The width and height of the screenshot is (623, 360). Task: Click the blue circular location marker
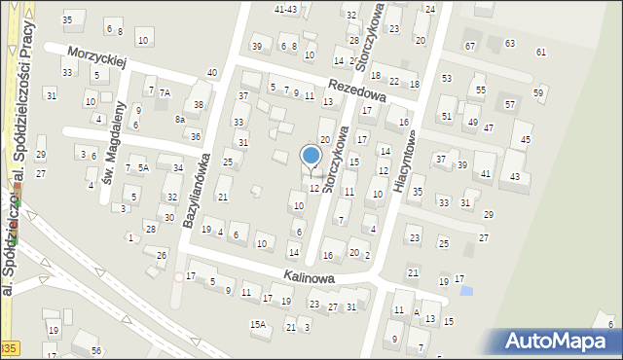[311, 155]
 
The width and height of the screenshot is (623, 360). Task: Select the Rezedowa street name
[357, 91]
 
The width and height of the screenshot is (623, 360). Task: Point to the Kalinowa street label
[310, 277]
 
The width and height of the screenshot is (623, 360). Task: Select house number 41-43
[286, 9]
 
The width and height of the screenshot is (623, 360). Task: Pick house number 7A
[165, 92]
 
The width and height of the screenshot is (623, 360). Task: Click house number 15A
[258, 324]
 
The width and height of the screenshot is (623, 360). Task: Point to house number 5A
[143, 167]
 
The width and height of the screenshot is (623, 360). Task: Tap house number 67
[470, 46]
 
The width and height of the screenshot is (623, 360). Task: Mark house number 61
[541, 52]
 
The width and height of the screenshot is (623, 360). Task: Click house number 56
[95, 350]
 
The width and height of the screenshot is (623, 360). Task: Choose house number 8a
[179, 119]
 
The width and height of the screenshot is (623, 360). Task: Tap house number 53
[447, 78]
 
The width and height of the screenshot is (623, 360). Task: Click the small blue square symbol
[465, 290]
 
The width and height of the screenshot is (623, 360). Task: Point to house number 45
[527, 139]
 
